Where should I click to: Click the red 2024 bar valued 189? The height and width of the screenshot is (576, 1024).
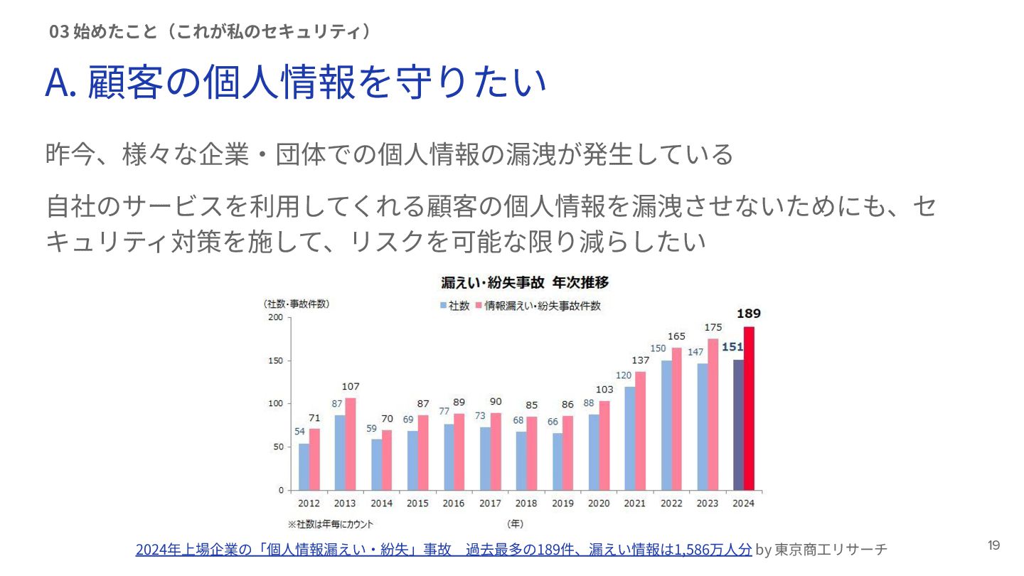(x=749, y=408)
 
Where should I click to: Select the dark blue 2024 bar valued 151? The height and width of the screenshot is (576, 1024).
(x=738, y=425)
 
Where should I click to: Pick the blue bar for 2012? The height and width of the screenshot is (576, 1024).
(x=304, y=466)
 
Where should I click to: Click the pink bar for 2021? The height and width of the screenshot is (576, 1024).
(x=640, y=431)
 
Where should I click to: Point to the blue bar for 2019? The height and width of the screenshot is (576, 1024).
(x=558, y=462)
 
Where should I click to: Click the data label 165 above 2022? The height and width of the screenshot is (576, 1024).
(x=676, y=336)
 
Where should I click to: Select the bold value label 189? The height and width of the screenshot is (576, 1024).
(x=749, y=314)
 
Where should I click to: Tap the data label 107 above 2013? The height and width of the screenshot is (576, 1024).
(x=351, y=387)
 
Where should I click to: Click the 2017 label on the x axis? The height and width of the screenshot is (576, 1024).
(x=490, y=503)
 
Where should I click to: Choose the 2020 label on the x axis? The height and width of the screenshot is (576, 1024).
(x=599, y=503)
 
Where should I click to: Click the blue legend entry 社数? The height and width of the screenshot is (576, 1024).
(x=455, y=306)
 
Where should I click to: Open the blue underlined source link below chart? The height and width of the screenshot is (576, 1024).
(x=443, y=549)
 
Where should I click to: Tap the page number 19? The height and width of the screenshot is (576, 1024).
(x=993, y=545)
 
